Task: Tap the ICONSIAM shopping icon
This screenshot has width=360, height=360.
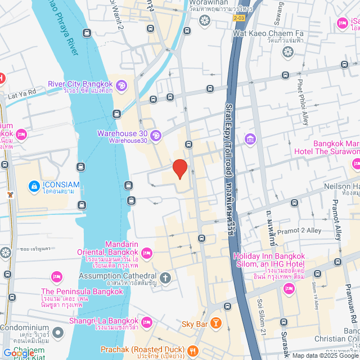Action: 34,185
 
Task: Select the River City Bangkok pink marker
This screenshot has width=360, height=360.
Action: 123,85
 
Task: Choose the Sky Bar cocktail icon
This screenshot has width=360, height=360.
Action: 216,324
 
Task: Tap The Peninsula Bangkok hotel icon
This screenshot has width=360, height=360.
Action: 56,277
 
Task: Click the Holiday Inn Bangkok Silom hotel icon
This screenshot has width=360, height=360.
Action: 289,288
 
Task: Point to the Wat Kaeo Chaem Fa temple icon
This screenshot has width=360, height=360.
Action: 288,52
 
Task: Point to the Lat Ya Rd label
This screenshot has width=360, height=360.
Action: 23,91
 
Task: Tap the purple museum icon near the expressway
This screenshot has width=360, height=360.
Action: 250,139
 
